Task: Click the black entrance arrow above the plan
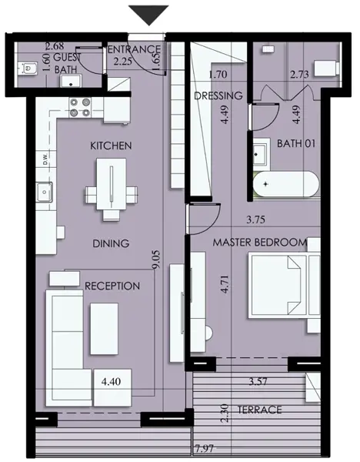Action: [148, 15]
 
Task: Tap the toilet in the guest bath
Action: [27, 69]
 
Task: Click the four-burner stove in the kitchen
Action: [80, 107]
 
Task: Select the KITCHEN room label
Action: [111, 146]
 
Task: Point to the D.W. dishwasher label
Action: [45, 159]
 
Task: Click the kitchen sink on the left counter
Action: [45, 192]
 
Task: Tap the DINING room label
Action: [111, 243]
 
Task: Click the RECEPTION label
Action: [112, 286]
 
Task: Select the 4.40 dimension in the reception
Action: [111, 382]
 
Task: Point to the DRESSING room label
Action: [218, 95]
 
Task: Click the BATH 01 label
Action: [296, 143]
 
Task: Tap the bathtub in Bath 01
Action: [286, 185]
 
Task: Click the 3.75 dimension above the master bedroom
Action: [256, 219]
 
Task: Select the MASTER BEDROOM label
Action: [259, 243]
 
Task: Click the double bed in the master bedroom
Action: [285, 285]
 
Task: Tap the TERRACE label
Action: [260, 410]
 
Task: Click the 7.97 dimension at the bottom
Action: [204, 449]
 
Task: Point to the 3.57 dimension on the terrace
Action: [258, 382]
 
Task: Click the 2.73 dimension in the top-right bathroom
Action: [299, 74]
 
